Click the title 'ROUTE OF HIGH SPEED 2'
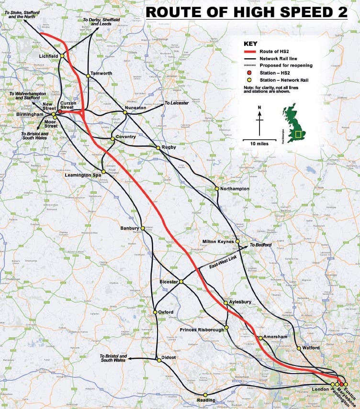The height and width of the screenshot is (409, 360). tap(247, 12)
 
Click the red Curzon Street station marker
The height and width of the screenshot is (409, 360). tap(60, 112)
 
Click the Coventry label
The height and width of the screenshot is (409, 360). tap(125, 136)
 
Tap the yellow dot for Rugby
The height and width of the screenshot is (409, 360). tap(157, 148)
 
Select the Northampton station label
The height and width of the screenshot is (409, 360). tap(235, 189)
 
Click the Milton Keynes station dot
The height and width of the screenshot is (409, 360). tap(237, 242)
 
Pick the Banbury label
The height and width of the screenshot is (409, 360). tap(129, 228)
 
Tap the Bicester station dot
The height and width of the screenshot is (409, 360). tap(181, 282)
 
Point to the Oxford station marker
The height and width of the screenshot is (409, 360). tap(155, 312)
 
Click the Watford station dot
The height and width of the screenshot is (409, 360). tap(298, 348)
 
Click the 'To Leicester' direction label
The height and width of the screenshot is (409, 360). tap(177, 103)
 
